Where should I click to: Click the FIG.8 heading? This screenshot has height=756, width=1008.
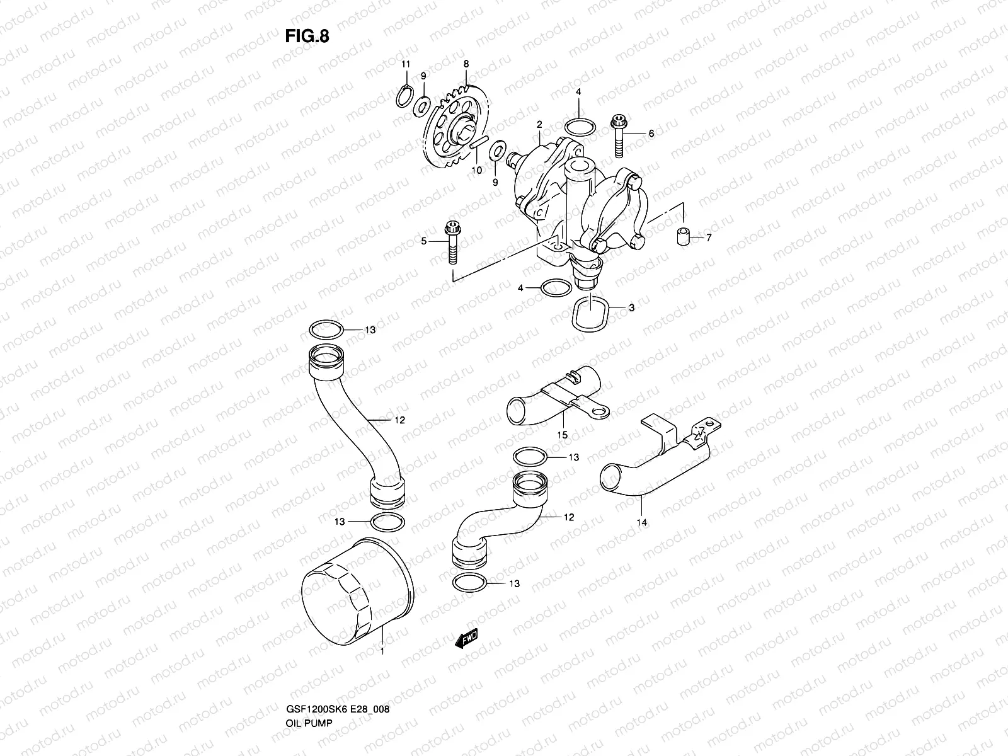click(306, 36)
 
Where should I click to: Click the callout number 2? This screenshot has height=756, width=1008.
click(539, 125)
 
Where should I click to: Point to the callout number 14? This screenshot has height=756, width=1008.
click(643, 522)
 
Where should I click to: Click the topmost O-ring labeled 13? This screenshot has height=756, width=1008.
click(326, 329)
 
